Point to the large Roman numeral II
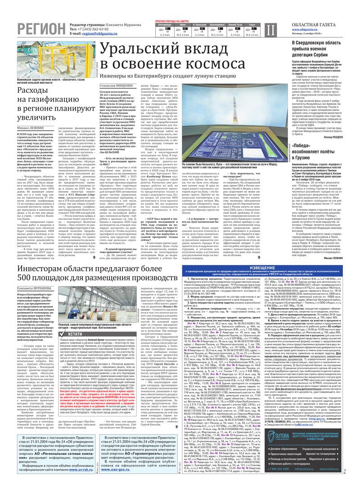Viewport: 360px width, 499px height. pyautogui.click(x=269, y=31)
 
